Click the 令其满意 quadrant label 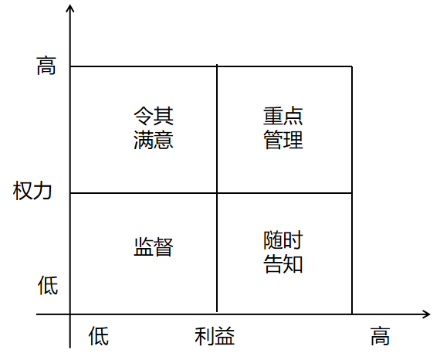coord(154,127)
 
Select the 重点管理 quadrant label coord(283,127)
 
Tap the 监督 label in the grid coord(154,247)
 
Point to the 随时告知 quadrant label coord(283,252)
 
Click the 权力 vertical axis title coord(32,191)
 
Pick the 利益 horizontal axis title coord(215,336)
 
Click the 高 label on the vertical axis coord(46,66)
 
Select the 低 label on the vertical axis coord(48,285)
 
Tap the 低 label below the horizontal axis coord(99,336)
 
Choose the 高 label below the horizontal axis coord(381,336)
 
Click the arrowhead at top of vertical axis coord(70,5)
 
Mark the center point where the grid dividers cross coord(217,193)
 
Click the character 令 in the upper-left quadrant coord(144,116)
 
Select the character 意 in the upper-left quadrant coord(164,140)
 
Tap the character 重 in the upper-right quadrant coord(273,116)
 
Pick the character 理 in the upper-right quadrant coord(293,140)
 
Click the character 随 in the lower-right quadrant coord(273,240)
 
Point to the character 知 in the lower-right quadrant coord(293,264)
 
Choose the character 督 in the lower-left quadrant coord(164,247)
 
